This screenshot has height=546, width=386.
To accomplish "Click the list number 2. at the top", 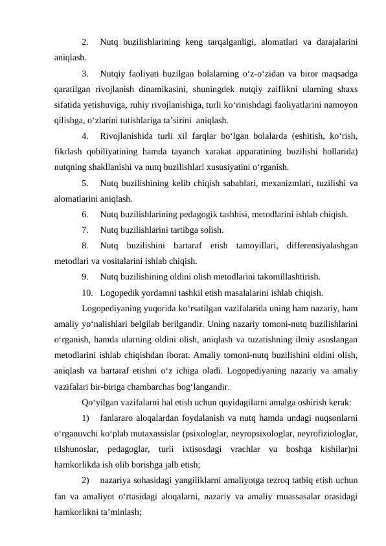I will tap(86, 42).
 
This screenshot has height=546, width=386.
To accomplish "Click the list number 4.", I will tap(86, 136).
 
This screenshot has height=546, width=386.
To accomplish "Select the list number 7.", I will tap(86, 230).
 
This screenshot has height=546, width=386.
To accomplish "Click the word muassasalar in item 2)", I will tap(287, 496).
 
